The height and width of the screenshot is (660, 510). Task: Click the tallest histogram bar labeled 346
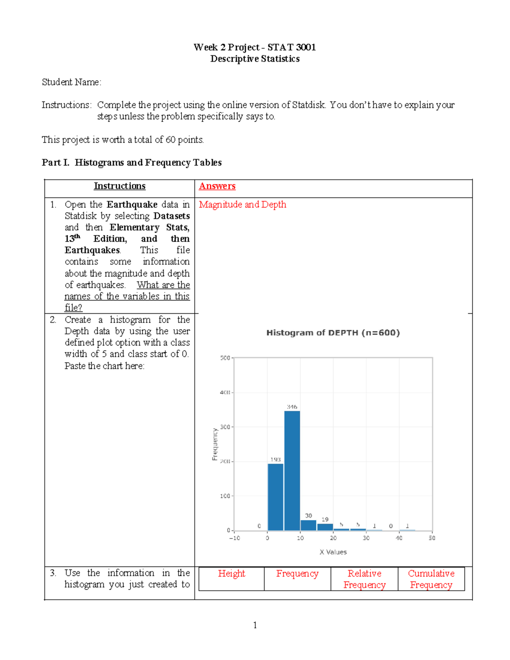pyautogui.click(x=292, y=470)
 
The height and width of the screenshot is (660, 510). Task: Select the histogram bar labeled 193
pyautogui.click(x=275, y=497)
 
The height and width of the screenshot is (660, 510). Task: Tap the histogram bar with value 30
pyautogui.click(x=309, y=525)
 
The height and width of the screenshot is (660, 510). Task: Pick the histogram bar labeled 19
pyautogui.click(x=325, y=527)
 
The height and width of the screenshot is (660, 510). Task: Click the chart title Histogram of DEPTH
pyautogui.click(x=333, y=333)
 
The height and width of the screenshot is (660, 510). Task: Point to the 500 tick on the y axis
pyautogui.click(x=225, y=358)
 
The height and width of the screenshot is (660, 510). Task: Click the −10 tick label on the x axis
pyautogui.click(x=235, y=538)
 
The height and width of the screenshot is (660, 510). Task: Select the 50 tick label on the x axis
pyautogui.click(x=432, y=538)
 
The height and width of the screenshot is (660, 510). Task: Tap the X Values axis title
pyautogui.click(x=333, y=552)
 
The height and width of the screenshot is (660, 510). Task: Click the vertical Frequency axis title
pyautogui.click(x=215, y=444)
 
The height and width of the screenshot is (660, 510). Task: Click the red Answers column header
pyautogui.click(x=217, y=186)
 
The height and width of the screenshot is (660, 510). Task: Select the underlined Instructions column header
pyautogui.click(x=119, y=186)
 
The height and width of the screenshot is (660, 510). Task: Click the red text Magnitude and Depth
pyautogui.click(x=242, y=204)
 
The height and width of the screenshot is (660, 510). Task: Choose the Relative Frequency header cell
pyautogui.click(x=365, y=579)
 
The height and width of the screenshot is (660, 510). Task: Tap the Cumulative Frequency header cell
pyautogui.click(x=431, y=579)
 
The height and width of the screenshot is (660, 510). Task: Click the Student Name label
pyautogui.click(x=71, y=82)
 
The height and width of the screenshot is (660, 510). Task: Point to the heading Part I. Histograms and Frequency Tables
pyautogui.click(x=132, y=163)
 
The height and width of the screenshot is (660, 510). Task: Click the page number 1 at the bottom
pyautogui.click(x=255, y=625)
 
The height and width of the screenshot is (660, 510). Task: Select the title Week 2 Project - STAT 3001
pyautogui.click(x=255, y=47)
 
